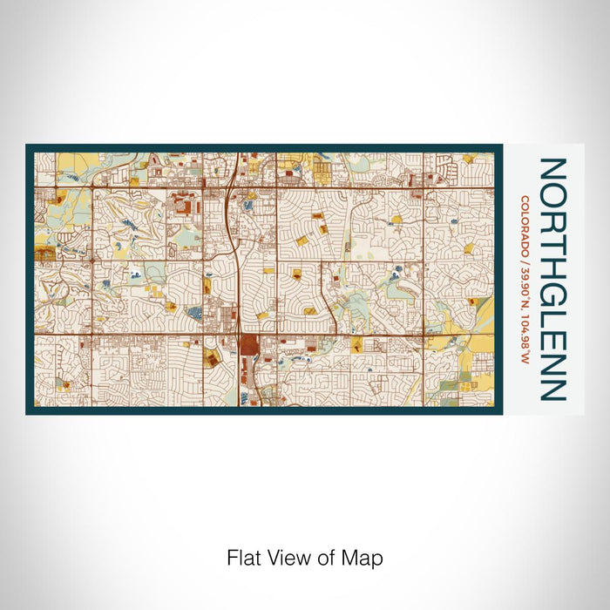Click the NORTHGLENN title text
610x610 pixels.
(x=552, y=279)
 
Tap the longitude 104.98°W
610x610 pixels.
(x=525, y=319)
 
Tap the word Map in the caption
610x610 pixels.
(x=365, y=557)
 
